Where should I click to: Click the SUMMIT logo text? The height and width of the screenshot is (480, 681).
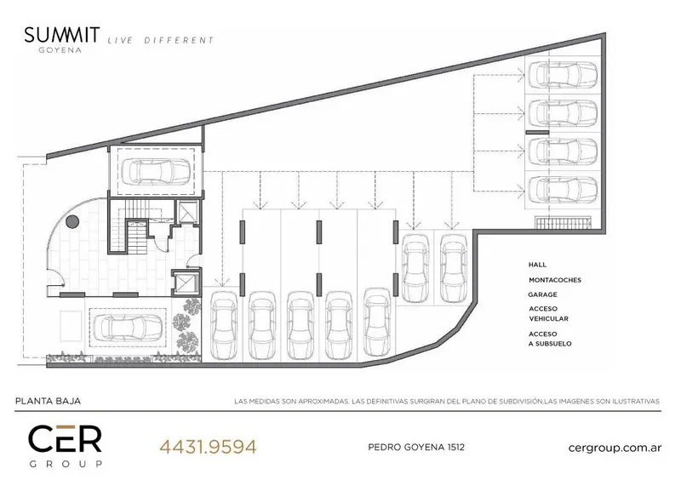(61, 35)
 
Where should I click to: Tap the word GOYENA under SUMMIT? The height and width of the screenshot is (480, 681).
(60, 50)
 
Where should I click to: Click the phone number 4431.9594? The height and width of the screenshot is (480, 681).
(208, 447)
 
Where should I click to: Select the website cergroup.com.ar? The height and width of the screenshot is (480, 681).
(615, 448)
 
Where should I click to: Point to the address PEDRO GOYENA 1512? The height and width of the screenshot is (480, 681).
(416, 447)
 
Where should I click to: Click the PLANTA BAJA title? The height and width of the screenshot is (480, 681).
(49, 401)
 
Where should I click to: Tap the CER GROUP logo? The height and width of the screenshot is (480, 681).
(66, 446)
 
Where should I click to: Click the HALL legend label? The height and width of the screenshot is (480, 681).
(537, 265)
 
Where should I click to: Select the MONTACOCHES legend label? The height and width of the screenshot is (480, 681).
(555, 280)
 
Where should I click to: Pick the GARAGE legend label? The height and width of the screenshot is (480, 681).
(542, 294)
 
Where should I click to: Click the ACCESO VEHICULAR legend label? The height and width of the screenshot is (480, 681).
(548, 314)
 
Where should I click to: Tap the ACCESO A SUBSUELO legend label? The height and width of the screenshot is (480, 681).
(550, 339)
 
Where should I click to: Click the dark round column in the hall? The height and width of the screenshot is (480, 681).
(72, 221)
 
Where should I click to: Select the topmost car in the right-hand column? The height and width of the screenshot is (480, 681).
(563, 75)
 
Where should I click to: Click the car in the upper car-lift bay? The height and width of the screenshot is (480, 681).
(155, 172)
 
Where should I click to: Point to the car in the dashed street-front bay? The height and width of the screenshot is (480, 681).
(128, 327)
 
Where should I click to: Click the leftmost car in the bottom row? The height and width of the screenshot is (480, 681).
(224, 325)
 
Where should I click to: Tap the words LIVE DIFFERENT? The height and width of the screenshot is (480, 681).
(161, 40)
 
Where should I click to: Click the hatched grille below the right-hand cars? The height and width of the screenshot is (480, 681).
(564, 223)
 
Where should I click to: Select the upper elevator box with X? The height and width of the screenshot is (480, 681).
(187, 213)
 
